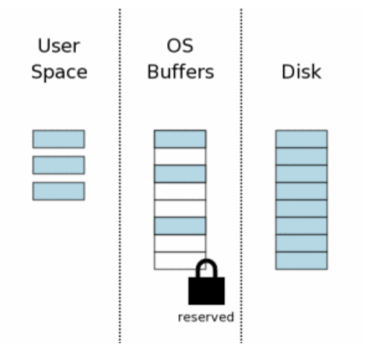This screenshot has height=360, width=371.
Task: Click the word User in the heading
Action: pyautogui.click(x=59, y=45)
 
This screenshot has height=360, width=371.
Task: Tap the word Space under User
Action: pyautogui.click(x=60, y=73)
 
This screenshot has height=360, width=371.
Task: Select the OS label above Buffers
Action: pyautogui.click(x=180, y=46)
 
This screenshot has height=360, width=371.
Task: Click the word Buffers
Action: pyautogui.click(x=181, y=71)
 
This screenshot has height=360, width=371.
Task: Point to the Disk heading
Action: pyautogui.click(x=302, y=71)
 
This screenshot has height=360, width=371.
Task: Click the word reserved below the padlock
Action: pyautogui.click(x=206, y=317)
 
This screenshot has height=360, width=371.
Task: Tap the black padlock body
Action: pyautogui.click(x=207, y=291)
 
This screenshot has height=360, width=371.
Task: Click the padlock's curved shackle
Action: pyautogui.click(x=207, y=263)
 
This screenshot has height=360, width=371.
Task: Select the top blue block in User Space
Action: pyautogui.click(x=58, y=139)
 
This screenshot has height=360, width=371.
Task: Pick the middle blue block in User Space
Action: pyautogui.click(x=58, y=165)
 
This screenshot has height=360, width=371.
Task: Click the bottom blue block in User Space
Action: pyautogui.click(x=58, y=191)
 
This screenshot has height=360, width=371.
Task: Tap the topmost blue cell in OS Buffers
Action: pyautogui.click(x=180, y=139)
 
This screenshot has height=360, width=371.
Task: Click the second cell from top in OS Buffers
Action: pyautogui.click(x=180, y=156)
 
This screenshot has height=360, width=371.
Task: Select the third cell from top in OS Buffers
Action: pyautogui.click(x=180, y=174)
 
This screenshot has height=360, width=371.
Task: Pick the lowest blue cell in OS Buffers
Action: pyautogui.click(x=180, y=226)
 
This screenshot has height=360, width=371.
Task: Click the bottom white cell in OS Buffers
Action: pyautogui.click(x=176, y=261)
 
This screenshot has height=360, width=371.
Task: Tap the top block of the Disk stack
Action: pyautogui.click(x=302, y=139)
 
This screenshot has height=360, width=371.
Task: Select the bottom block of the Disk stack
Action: pyautogui.click(x=302, y=261)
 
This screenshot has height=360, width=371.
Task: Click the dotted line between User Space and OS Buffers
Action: pyautogui.click(x=120, y=176)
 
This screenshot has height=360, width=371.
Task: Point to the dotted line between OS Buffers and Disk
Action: pyautogui.click(x=241, y=176)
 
